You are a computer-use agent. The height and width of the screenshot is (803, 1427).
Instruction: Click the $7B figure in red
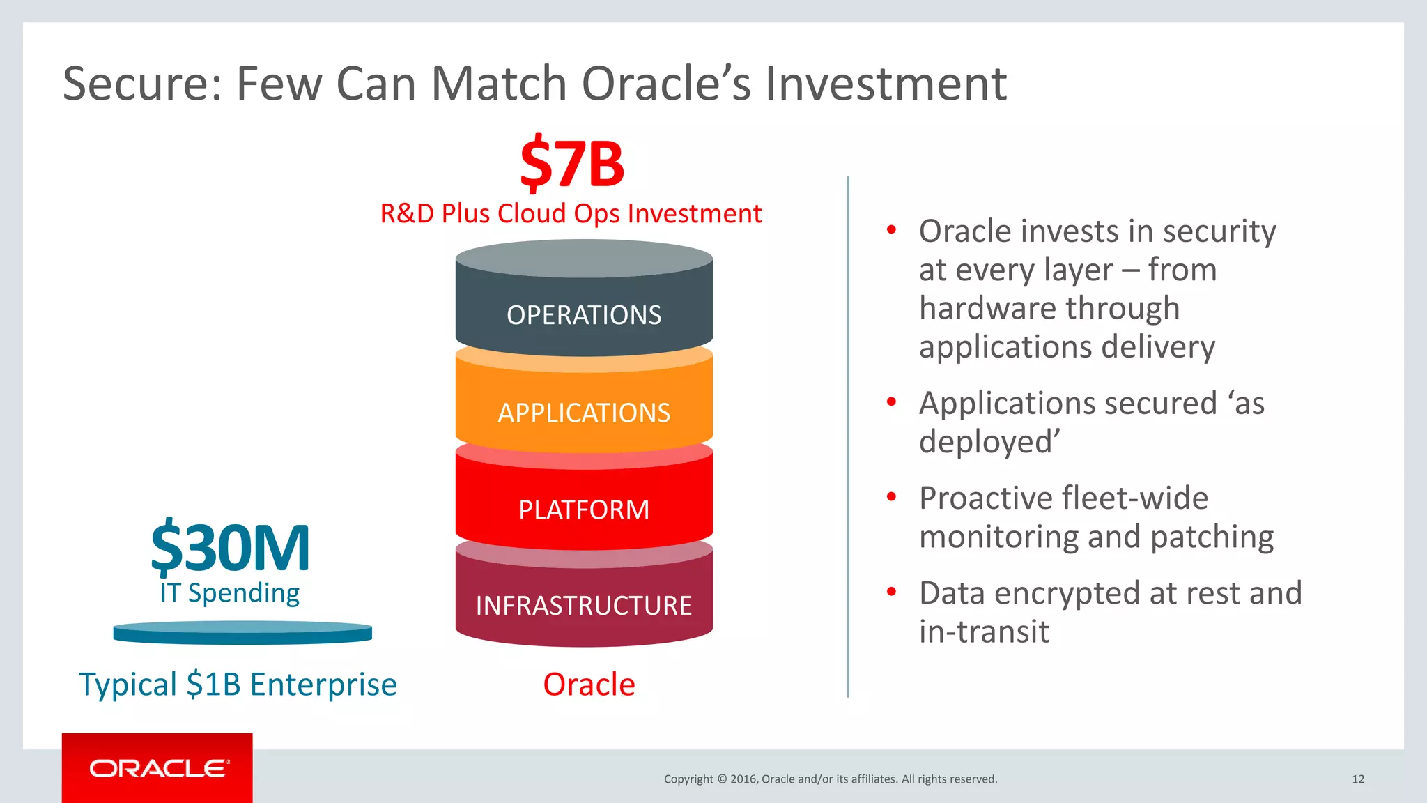pyautogui.click(x=572, y=165)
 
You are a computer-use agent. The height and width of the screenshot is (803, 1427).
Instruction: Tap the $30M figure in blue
pyautogui.click(x=230, y=548)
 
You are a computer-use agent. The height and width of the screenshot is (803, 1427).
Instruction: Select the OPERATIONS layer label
pyautogui.click(x=584, y=315)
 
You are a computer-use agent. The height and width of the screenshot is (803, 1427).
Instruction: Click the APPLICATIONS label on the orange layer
pyautogui.click(x=584, y=413)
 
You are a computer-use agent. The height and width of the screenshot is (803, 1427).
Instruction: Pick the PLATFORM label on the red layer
pyautogui.click(x=584, y=510)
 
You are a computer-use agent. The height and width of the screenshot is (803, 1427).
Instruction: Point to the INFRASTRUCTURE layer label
pyautogui.click(x=584, y=606)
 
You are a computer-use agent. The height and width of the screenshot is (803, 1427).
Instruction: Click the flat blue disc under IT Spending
pyautogui.click(x=242, y=633)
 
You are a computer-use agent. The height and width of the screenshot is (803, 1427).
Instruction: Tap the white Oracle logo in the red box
pyautogui.click(x=159, y=768)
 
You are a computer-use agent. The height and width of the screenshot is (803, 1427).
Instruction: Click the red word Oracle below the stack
pyautogui.click(x=589, y=685)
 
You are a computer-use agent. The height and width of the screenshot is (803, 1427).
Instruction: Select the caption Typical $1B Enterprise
pyautogui.click(x=238, y=685)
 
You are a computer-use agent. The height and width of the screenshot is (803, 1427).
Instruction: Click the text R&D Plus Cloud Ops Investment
pyautogui.click(x=571, y=213)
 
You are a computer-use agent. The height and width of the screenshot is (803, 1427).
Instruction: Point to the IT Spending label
pyautogui.click(x=229, y=593)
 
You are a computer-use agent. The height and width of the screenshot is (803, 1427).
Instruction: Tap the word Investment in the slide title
pyautogui.click(x=886, y=84)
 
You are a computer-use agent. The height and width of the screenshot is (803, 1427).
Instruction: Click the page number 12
pyautogui.click(x=1358, y=779)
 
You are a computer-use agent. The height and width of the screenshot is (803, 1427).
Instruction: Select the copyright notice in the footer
pyautogui.click(x=831, y=779)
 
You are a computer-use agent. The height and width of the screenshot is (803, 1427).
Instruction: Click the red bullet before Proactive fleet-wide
pyautogui.click(x=891, y=497)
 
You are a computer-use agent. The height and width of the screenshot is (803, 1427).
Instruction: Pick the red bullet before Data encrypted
pyautogui.click(x=891, y=592)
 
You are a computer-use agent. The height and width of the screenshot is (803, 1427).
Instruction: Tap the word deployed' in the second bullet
pyautogui.click(x=989, y=442)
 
